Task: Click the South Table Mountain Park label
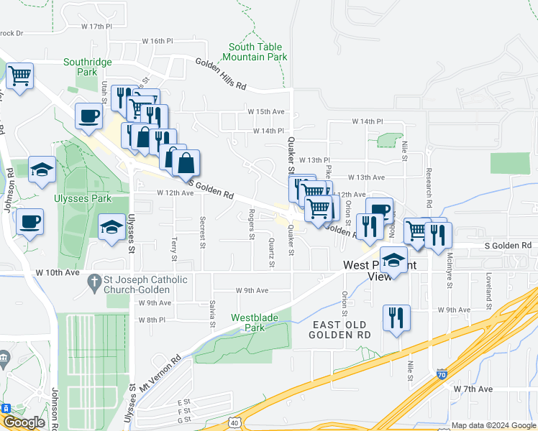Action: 257,52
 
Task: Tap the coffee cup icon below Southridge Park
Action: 89,116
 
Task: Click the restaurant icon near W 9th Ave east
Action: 396,316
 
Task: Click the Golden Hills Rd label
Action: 221,75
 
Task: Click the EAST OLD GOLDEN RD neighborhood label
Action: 341,330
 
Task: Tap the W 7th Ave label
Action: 473,388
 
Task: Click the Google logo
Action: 24,422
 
